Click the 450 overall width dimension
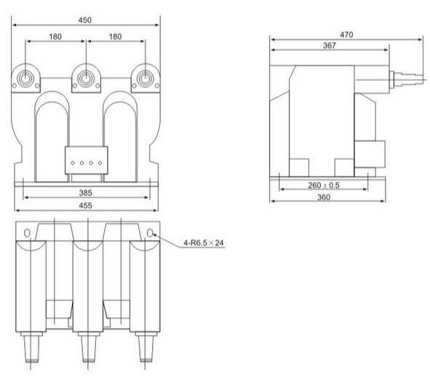(x=87, y=21)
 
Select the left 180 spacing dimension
(x=57, y=35)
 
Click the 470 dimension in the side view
(x=346, y=34)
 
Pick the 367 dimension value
(x=329, y=46)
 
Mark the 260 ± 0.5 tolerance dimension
(x=323, y=185)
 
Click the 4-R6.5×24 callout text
(x=201, y=243)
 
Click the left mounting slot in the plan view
(x=27, y=233)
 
